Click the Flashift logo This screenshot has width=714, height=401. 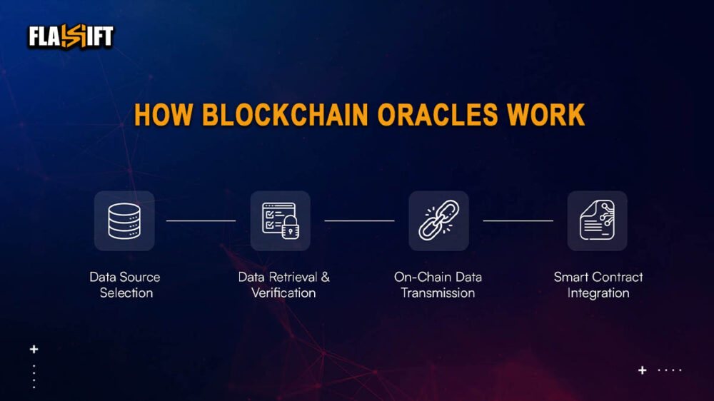71,36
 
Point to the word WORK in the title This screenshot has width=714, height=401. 546,116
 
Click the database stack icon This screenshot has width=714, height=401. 124,220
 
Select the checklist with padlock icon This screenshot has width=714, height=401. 280,220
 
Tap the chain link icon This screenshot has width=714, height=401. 438,220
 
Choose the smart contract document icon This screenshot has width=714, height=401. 597,220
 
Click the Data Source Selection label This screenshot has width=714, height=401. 125,285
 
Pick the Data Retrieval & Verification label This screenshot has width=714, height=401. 283,285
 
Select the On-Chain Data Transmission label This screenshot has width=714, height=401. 438,285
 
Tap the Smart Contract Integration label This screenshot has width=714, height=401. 598,285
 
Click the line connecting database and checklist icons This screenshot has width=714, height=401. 201,220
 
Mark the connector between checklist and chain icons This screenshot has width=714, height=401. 359,220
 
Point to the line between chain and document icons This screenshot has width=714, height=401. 518,220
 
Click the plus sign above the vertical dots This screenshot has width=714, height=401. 34,350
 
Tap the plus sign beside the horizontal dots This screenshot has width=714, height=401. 643,370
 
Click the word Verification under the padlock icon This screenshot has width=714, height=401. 283,293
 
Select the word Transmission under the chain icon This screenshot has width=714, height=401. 438,293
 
